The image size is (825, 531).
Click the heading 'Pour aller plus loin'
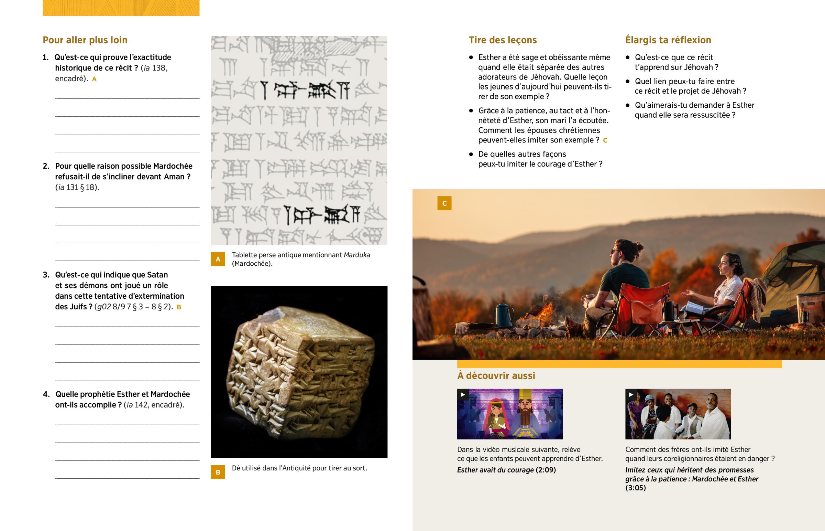click(x=85, y=40)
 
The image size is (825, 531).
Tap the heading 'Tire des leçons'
click(x=503, y=40)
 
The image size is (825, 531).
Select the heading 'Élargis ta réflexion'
click(x=668, y=40)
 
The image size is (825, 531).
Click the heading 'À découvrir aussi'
click(x=496, y=375)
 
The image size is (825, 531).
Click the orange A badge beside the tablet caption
click(x=218, y=259)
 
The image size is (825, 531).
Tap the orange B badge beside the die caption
click(x=218, y=472)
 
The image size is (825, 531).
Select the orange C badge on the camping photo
click(x=444, y=203)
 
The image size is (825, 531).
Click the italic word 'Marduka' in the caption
click(x=357, y=255)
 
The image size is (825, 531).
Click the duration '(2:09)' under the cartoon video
click(x=546, y=470)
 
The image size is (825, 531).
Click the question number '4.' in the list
click(x=46, y=394)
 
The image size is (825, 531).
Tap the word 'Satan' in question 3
click(x=157, y=275)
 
